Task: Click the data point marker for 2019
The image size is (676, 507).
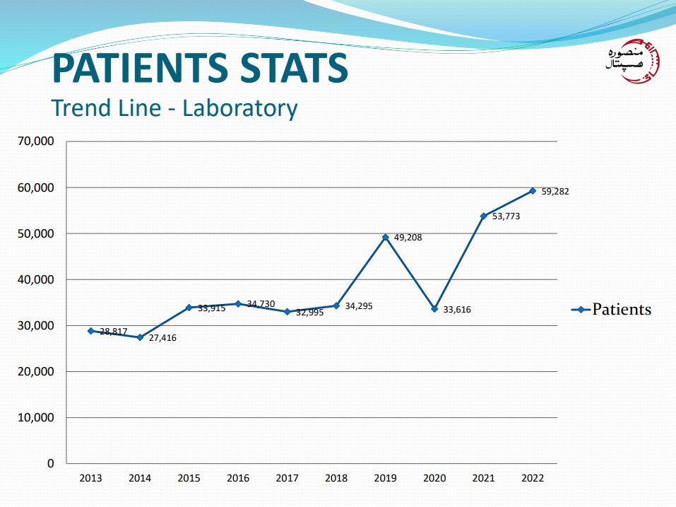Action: pyautogui.click(x=386, y=238)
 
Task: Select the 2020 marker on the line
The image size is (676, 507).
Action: pyautogui.click(x=435, y=309)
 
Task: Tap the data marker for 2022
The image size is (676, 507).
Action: pyautogui.click(x=533, y=191)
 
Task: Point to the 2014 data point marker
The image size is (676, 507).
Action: pyautogui.click(x=140, y=337)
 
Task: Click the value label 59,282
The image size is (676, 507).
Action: pyautogui.click(x=555, y=191)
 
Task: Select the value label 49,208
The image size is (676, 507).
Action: pyautogui.click(x=408, y=238)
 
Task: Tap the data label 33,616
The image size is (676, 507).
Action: pyautogui.click(x=457, y=310)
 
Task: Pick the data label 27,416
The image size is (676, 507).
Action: pyautogui.click(x=162, y=338)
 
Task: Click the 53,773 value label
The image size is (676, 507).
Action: pyautogui.click(x=506, y=216)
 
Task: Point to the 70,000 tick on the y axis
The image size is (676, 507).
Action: pyautogui.click(x=35, y=141)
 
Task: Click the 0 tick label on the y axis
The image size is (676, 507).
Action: pyautogui.click(x=50, y=464)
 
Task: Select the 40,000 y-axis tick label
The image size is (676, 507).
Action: pyautogui.click(x=35, y=280)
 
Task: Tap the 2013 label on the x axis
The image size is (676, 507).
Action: pyautogui.click(x=90, y=478)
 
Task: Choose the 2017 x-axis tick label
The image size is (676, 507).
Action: pyautogui.click(x=287, y=478)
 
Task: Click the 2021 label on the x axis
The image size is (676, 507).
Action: pyautogui.click(x=483, y=478)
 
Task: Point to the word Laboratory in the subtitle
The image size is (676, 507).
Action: pyautogui.click(x=239, y=108)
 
